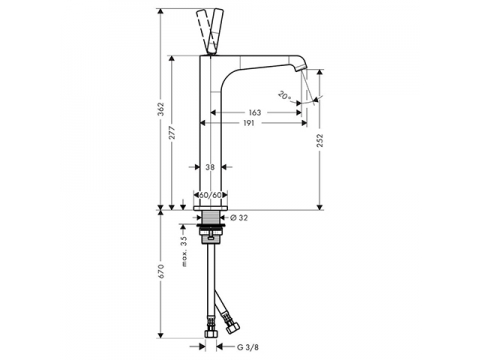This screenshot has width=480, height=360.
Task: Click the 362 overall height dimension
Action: [x=161, y=109]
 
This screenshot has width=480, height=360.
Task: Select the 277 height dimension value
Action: [x=172, y=133]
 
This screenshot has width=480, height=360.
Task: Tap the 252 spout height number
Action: [x=320, y=140]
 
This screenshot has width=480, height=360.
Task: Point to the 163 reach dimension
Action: [x=255, y=113]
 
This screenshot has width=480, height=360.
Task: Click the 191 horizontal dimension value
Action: [x=249, y=123]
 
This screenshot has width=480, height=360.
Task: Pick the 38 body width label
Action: [x=210, y=167]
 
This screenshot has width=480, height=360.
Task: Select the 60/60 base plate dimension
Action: [x=211, y=195]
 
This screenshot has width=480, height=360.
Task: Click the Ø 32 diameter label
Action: [x=239, y=218]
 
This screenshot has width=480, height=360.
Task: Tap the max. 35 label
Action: [x=185, y=252]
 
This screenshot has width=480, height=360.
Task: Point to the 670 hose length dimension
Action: [x=161, y=271]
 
